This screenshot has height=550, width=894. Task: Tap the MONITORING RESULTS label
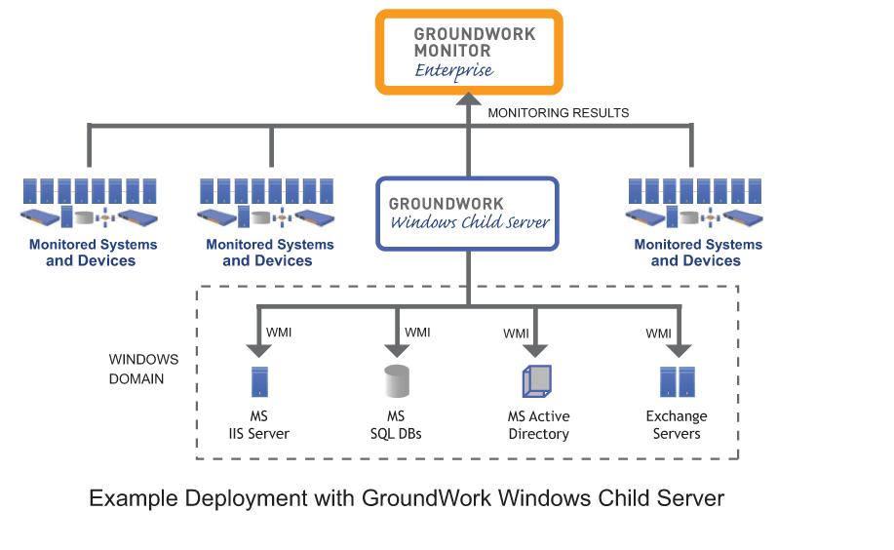(559, 113)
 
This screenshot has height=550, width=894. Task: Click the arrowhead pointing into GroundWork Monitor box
(469, 98)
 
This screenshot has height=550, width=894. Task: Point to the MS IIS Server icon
(259, 381)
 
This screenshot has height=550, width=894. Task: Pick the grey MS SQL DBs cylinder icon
(396, 381)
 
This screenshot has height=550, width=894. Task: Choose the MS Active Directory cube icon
(537, 381)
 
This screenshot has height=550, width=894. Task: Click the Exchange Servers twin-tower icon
(678, 381)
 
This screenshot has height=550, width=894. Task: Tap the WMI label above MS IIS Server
(279, 333)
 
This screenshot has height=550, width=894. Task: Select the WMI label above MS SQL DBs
(417, 333)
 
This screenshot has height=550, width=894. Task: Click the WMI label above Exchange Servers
(658, 334)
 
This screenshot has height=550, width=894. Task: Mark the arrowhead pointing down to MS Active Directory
(535, 350)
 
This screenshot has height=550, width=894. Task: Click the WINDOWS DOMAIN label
(143, 370)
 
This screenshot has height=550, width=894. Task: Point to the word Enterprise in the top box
(454, 71)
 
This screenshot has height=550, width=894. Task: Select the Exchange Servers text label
(677, 425)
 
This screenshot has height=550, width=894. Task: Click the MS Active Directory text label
(539, 425)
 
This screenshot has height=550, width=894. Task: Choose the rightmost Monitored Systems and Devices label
(698, 253)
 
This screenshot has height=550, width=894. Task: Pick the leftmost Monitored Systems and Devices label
(93, 253)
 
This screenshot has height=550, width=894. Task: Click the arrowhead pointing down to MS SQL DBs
(397, 350)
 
